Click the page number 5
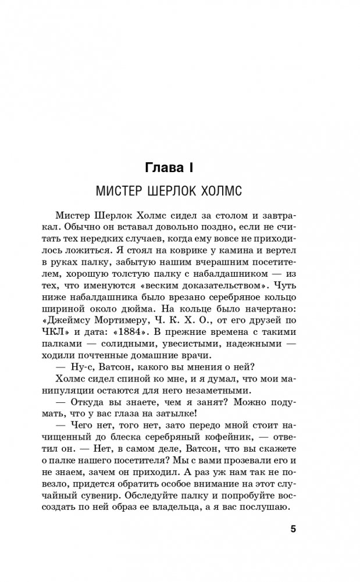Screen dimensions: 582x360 (293, 529)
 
